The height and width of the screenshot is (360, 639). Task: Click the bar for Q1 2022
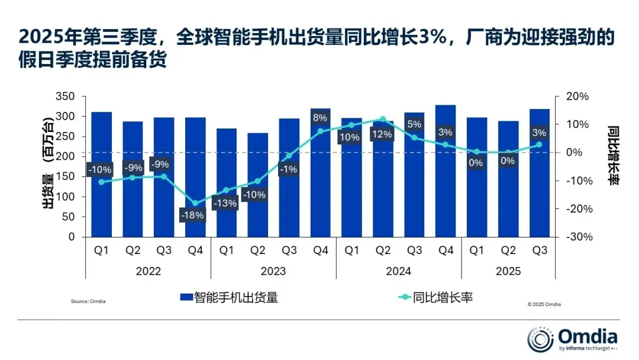point(102,175)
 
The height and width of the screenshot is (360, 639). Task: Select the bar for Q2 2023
point(258,185)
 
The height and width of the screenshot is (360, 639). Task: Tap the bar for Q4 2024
point(446,171)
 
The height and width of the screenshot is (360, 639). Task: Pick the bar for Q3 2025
point(540,173)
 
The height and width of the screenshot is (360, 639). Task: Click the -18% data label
point(192,215)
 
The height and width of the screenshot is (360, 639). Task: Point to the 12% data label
point(382,134)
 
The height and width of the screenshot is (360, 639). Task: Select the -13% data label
point(225,203)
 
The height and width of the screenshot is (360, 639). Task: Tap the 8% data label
point(320,118)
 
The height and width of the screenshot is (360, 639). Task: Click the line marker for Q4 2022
point(195,203)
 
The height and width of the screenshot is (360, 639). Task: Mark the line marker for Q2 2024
point(383,119)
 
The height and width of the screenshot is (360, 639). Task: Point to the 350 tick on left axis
point(65,97)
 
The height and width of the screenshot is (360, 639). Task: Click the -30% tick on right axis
point(579,237)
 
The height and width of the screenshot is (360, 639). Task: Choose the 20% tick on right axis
point(577,97)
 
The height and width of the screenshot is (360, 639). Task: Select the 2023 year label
point(273,271)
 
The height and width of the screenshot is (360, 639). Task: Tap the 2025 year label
point(508,271)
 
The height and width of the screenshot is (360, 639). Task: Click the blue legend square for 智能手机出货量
point(186,297)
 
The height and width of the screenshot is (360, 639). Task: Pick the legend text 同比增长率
point(443,297)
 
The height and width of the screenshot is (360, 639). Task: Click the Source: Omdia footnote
point(88,301)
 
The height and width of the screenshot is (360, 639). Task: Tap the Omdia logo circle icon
point(540,339)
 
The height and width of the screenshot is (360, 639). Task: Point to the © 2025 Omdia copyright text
point(544,304)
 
